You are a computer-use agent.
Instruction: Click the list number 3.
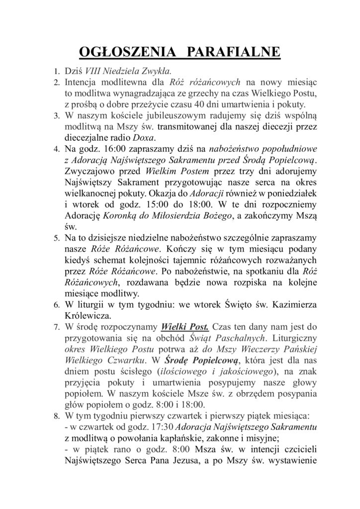(x=56, y=115)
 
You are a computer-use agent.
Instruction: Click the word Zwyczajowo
(x=88, y=170)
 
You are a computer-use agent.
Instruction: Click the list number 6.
(x=56, y=304)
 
